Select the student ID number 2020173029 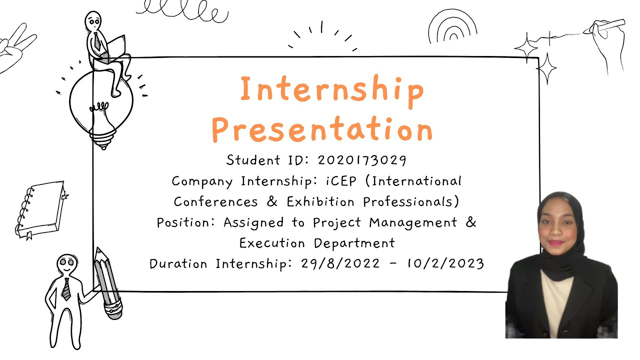[x=362, y=160]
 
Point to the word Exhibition [x=320, y=202]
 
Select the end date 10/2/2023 [x=445, y=263]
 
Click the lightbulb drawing [x=100, y=107]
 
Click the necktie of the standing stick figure [x=66, y=289]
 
